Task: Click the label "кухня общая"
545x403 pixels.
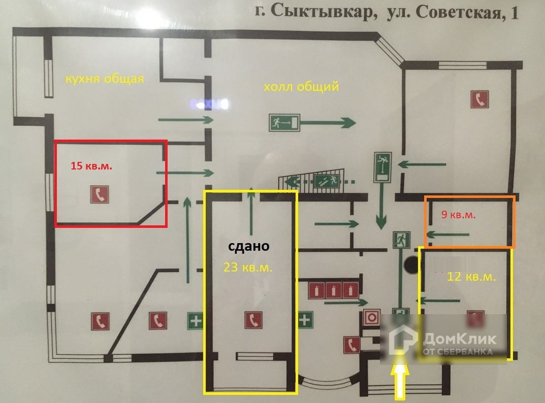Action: click(x=104, y=79)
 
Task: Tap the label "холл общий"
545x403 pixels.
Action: click(x=301, y=87)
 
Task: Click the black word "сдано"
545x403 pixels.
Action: click(x=248, y=247)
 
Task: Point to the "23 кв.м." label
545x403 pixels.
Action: click(x=248, y=268)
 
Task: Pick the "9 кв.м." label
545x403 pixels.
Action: click(x=458, y=215)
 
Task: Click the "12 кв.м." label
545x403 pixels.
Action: click(x=471, y=277)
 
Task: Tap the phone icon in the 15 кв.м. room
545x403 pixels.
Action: click(x=98, y=194)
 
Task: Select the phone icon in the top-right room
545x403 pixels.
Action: click(x=479, y=99)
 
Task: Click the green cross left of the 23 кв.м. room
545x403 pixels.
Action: click(x=196, y=320)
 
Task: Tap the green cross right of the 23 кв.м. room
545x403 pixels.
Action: click(x=304, y=320)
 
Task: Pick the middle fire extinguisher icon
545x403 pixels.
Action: click(x=333, y=291)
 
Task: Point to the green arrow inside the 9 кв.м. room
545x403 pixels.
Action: click(x=448, y=234)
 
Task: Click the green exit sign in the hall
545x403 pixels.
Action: click(x=284, y=122)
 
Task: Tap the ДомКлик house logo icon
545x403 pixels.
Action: click(x=403, y=340)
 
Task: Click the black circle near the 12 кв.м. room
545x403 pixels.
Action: click(x=410, y=264)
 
